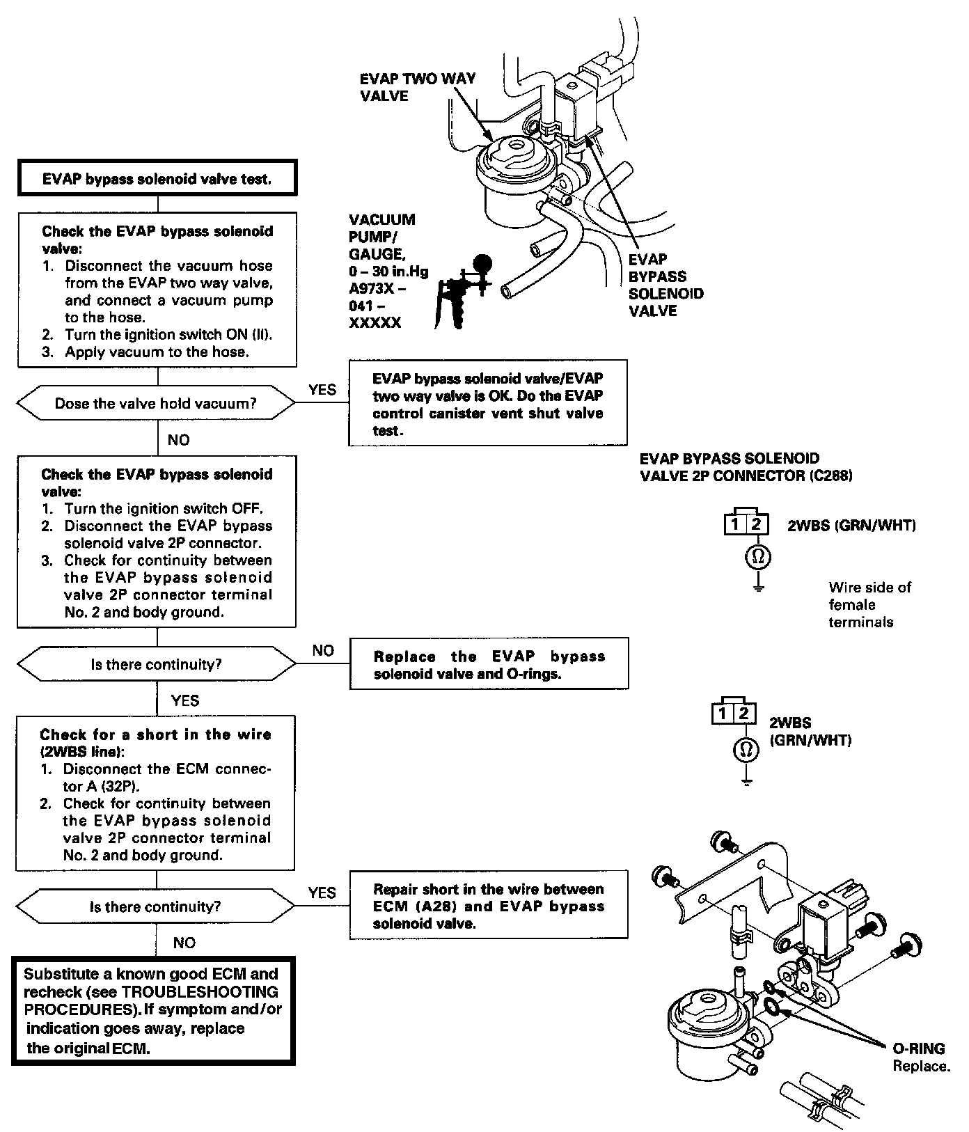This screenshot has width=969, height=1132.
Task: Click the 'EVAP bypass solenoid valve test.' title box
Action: click(x=157, y=178)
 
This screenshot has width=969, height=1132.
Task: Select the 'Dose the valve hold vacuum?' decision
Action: click(x=156, y=404)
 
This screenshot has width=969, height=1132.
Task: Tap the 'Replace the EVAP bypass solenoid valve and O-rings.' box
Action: click(x=489, y=664)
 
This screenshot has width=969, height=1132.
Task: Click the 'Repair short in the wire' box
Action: click(x=488, y=905)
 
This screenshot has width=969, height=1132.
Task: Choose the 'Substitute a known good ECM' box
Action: click(x=153, y=1011)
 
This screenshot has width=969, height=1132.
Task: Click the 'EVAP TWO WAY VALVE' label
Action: click(x=417, y=87)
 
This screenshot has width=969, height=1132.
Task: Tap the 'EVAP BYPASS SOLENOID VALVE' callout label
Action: click(x=665, y=285)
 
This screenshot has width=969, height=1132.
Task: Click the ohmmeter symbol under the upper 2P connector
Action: click(x=759, y=556)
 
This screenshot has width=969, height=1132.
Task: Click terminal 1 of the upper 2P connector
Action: click(x=735, y=524)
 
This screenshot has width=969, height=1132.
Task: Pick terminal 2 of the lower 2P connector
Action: click(x=744, y=713)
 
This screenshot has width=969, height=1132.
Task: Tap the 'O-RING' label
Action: click(x=918, y=1048)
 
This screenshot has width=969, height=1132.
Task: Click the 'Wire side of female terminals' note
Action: click(x=869, y=604)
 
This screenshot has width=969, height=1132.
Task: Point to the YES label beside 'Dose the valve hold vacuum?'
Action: click(x=322, y=390)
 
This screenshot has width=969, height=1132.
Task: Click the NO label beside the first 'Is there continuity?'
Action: click(x=323, y=650)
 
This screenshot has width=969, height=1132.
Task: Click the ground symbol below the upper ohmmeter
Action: click(x=759, y=587)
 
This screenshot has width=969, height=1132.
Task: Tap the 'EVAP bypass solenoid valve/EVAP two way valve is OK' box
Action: click(x=487, y=404)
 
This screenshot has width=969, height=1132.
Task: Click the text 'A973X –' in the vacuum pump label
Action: click(x=377, y=288)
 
